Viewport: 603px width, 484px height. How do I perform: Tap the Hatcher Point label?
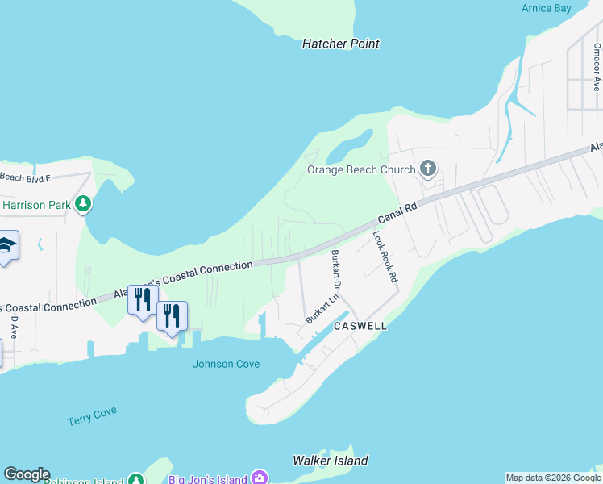340,44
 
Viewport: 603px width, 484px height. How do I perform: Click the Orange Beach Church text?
361,169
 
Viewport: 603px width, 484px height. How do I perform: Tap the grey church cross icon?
428,169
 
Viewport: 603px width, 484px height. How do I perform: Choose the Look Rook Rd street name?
385,257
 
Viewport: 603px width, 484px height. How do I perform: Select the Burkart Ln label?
321,311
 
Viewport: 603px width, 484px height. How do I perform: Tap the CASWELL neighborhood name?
360,326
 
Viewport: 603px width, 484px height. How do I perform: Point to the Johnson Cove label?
226,364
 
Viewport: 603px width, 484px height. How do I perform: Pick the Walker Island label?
330,461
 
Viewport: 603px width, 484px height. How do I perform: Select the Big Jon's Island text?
207,479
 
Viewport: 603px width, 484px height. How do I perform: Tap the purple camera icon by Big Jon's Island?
260,478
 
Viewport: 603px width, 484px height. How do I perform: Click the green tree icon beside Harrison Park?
83,205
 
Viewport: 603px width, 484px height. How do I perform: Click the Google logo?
27,474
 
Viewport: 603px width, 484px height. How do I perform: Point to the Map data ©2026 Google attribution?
553,478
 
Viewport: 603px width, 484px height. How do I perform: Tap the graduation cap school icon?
6,246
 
